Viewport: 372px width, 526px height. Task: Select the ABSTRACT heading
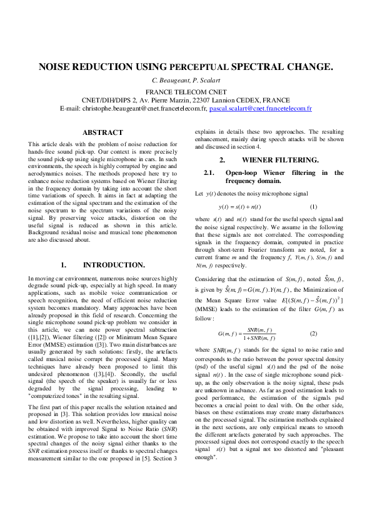point(103,132)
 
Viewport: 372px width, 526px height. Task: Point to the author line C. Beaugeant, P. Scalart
point(186,81)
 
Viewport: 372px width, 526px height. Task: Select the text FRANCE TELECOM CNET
point(186,91)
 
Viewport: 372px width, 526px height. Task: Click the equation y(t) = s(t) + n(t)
point(239,206)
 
